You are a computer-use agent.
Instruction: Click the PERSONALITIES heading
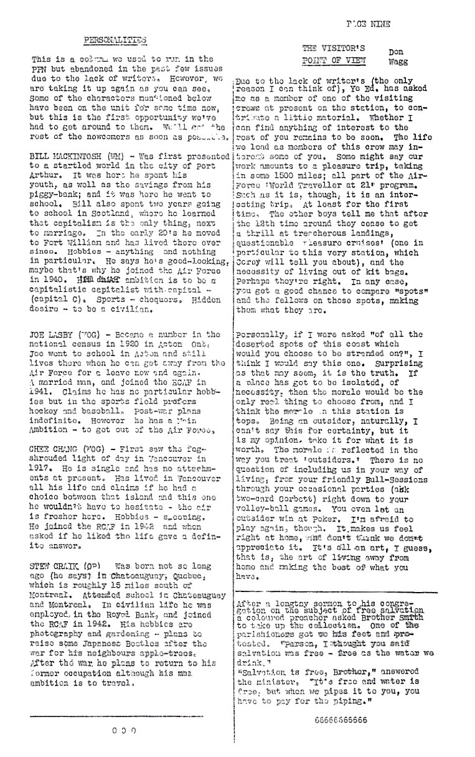point(115,40)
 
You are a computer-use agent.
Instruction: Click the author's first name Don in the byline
point(395,53)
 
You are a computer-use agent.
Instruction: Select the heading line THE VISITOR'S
point(334,48)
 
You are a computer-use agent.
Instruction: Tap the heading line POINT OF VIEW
point(334,60)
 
